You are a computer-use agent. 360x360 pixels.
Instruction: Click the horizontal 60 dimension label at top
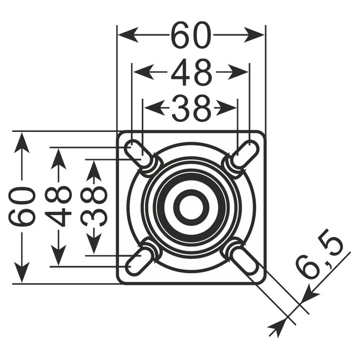click(x=191, y=35)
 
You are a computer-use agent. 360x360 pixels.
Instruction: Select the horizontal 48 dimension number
click(x=191, y=72)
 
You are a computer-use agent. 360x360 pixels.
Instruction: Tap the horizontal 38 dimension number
click(x=191, y=108)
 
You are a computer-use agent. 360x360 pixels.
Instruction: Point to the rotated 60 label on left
click(x=22, y=206)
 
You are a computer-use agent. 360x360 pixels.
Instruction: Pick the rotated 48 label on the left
click(x=58, y=206)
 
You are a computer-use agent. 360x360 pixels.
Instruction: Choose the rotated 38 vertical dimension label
click(x=94, y=206)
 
